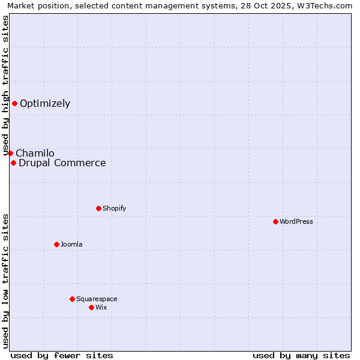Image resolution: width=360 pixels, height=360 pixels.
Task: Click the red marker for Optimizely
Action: pos(14,103)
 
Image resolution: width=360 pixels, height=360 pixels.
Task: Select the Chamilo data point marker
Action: pos(10,153)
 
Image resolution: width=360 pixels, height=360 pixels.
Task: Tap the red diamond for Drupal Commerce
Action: pos(13,163)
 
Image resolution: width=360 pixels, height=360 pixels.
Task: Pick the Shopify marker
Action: pos(98,208)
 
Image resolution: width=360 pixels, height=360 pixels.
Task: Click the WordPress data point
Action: pos(275,221)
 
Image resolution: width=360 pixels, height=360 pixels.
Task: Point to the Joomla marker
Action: pos(56,244)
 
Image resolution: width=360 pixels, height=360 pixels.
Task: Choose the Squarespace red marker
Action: pos(72,299)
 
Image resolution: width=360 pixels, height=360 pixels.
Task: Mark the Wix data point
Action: pos(91,307)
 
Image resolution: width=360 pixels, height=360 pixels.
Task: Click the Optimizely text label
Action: pos(45,103)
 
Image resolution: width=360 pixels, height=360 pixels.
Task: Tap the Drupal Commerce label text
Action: pos(62,163)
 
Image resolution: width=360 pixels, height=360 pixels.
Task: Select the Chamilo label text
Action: pos(35,153)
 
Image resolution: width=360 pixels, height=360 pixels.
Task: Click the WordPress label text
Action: pos(296,221)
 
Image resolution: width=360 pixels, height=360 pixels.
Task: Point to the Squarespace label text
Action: pos(97,299)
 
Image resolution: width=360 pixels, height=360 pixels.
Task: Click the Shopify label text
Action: pos(114,208)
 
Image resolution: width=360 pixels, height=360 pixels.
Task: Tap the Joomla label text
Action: pos(71,244)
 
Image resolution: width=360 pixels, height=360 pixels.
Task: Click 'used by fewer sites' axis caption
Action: pos(62,355)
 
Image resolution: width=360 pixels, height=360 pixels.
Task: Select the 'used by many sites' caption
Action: pos(301,355)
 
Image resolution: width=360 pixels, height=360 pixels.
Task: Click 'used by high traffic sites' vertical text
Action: pos(5,85)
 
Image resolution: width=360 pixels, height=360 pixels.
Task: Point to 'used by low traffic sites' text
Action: pos(5,281)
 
